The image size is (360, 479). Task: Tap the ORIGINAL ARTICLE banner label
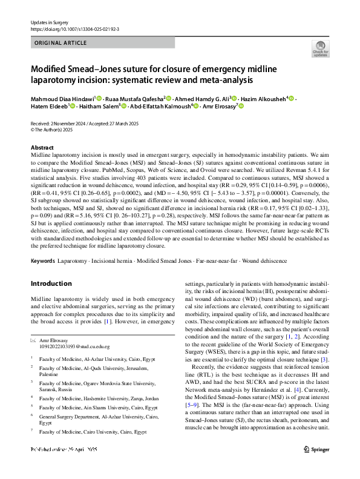61,44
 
